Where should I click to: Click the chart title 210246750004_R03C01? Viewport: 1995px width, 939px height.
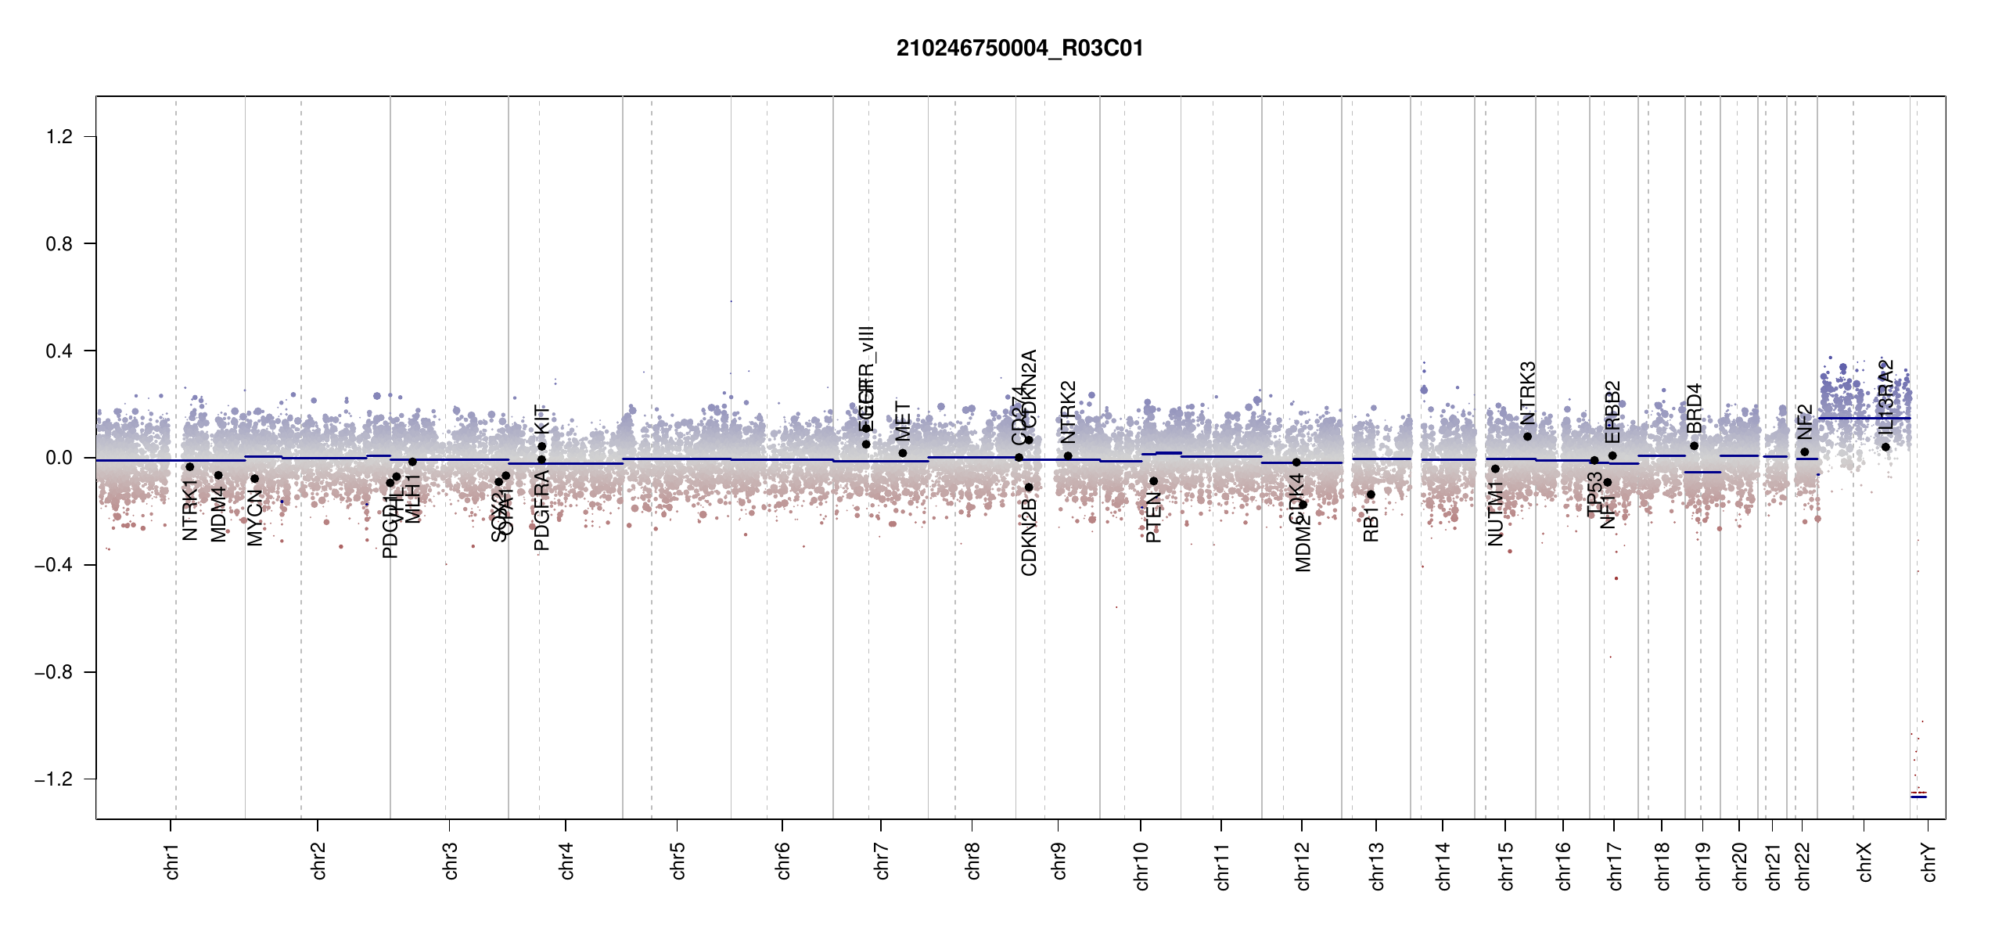pyautogui.click(x=1019, y=49)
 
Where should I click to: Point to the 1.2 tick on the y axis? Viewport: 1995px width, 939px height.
pyautogui.click(x=59, y=137)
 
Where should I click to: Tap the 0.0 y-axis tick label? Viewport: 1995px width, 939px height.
pyautogui.click(x=59, y=458)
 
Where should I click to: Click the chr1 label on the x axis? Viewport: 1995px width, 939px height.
pyautogui.click(x=172, y=861)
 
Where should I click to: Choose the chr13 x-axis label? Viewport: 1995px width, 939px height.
pyautogui.click(x=1377, y=865)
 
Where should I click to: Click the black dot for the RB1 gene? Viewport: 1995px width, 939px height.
pyautogui.click(x=1371, y=495)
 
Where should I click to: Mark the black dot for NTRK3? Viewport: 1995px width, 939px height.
pyautogui.click(x=1528, y=437)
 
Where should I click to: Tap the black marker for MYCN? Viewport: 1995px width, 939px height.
pyautogui.click(x=254, y=479)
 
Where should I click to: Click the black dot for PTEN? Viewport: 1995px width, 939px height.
pyautogui.click(x=1153, y=481)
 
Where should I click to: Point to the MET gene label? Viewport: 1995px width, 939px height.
pyautogui.click(x=904, y=422)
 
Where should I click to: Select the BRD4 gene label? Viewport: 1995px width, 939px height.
pyautogui.click(x=1695, y=408)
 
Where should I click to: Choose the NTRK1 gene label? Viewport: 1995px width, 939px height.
pyautogui.click(x=190, y=510)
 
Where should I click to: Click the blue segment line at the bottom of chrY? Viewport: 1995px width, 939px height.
pyautogui.click(x=1918, y=797)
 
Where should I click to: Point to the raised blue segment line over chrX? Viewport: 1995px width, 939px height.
pyautogui.click(x=1864, y=418)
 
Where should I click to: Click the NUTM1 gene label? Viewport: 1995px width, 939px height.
pyautogui.click(x=1496, y=513)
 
